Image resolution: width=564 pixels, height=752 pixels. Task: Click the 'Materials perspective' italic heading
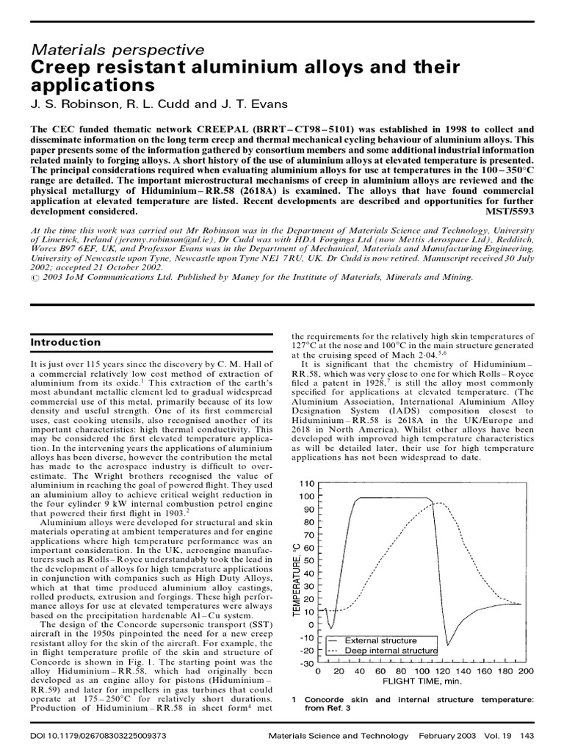(x=117, y=50)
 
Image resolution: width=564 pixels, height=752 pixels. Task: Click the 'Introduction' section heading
(x=66, y=342)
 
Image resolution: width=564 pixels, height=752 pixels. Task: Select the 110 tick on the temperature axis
(x=307, y=484)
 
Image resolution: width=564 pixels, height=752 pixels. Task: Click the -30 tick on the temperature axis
(x=307, y=664)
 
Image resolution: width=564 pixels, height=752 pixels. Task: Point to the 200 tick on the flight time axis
(x=525, y=671)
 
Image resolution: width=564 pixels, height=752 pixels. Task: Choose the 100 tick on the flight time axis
(x=421, y=671)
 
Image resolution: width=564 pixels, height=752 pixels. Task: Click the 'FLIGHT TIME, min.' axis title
(x=422, y=681)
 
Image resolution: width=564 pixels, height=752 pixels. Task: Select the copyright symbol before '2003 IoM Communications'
(x=35, y=277)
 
